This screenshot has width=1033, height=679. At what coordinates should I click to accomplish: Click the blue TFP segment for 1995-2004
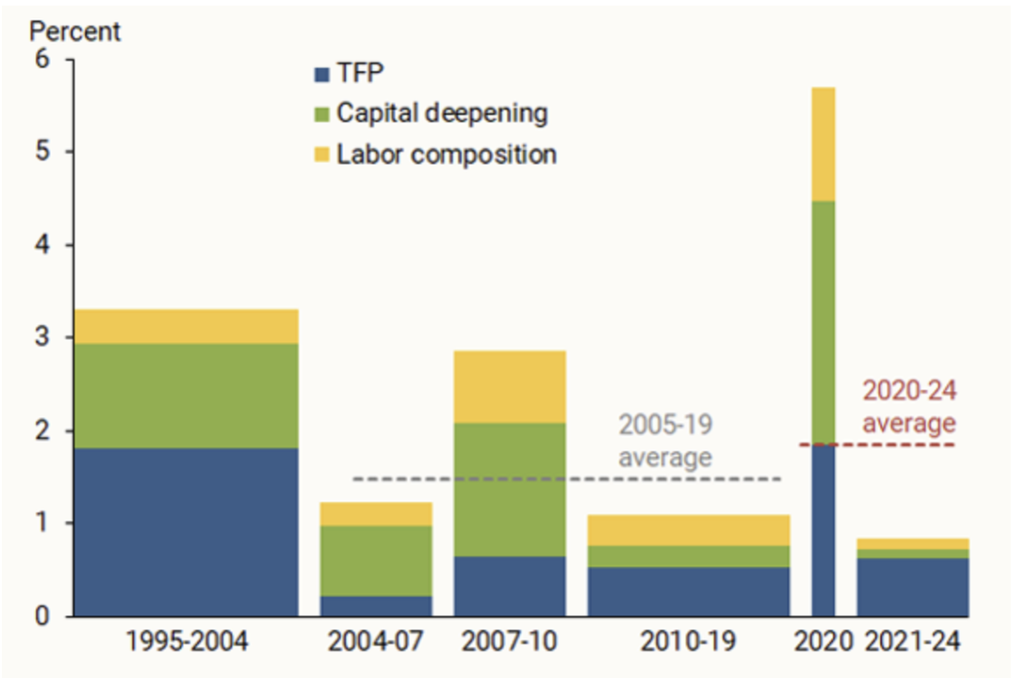pyautogui.click(x=186, y=532)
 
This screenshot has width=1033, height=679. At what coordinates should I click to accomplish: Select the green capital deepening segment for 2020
pyautogui.click(x=824, y=322)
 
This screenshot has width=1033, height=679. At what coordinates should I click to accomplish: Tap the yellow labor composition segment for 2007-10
pyautogui.click(x=510, y=386)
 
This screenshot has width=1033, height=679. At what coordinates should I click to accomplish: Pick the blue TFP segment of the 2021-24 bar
pyautogui.click(x=913, y=586)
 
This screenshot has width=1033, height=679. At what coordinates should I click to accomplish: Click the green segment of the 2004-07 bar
pyautogui.click(x=376, y=561)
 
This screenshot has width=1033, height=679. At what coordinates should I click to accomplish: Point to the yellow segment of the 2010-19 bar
pyautogui.click(x=689, y=530)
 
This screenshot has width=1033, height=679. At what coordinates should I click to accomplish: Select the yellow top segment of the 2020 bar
pyautogui.click(x=824, y=144)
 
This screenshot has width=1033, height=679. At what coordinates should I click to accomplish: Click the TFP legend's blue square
pyautogui.click(x=321, y=74)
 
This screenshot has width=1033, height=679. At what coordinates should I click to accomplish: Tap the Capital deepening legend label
pyautogui.click(x=442, y=113)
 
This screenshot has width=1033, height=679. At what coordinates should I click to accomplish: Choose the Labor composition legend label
pyautogui.click(x=447, y=155)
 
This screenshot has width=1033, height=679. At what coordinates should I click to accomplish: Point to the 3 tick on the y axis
pyautogui.click(x=43, y=337)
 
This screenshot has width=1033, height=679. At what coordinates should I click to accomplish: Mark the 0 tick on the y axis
pyautogui.click(x=43, y=616)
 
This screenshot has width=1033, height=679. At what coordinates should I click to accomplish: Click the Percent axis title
pyautogui.click(x=74, y=31)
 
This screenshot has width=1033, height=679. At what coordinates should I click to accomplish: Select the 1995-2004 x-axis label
pyautogui.click(x=187, y=641)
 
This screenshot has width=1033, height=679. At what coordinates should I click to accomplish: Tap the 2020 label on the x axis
pyautogui.click(x=824, y=641)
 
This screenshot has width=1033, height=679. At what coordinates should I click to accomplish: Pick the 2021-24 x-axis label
pyautogui.click(x=913, y=641)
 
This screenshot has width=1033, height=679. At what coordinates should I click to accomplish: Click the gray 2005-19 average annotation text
pyautogui.click(x=666, y=440)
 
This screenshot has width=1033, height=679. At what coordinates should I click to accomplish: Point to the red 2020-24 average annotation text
pyautogui.click(x=909, y=406)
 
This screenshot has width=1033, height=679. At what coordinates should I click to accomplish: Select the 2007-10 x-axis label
pyautogui.click(x=510, y=641)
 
